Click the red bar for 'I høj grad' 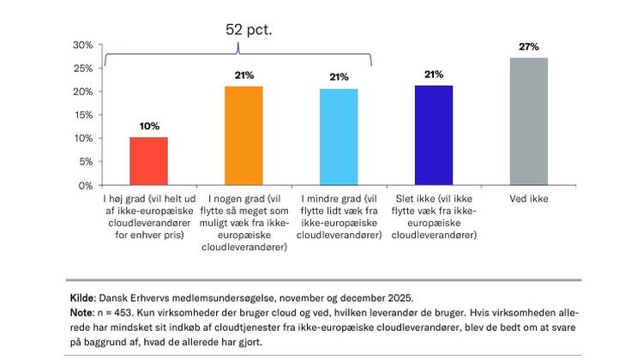point(149,160)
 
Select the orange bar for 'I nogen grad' point(244,135)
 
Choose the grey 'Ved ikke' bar point(528,121)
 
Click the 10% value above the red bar point(149,126)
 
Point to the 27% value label point(528,47)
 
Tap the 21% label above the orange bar point(244,75)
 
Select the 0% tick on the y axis point(85,185)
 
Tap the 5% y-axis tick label point(84,162)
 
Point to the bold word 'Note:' point(82,312)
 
